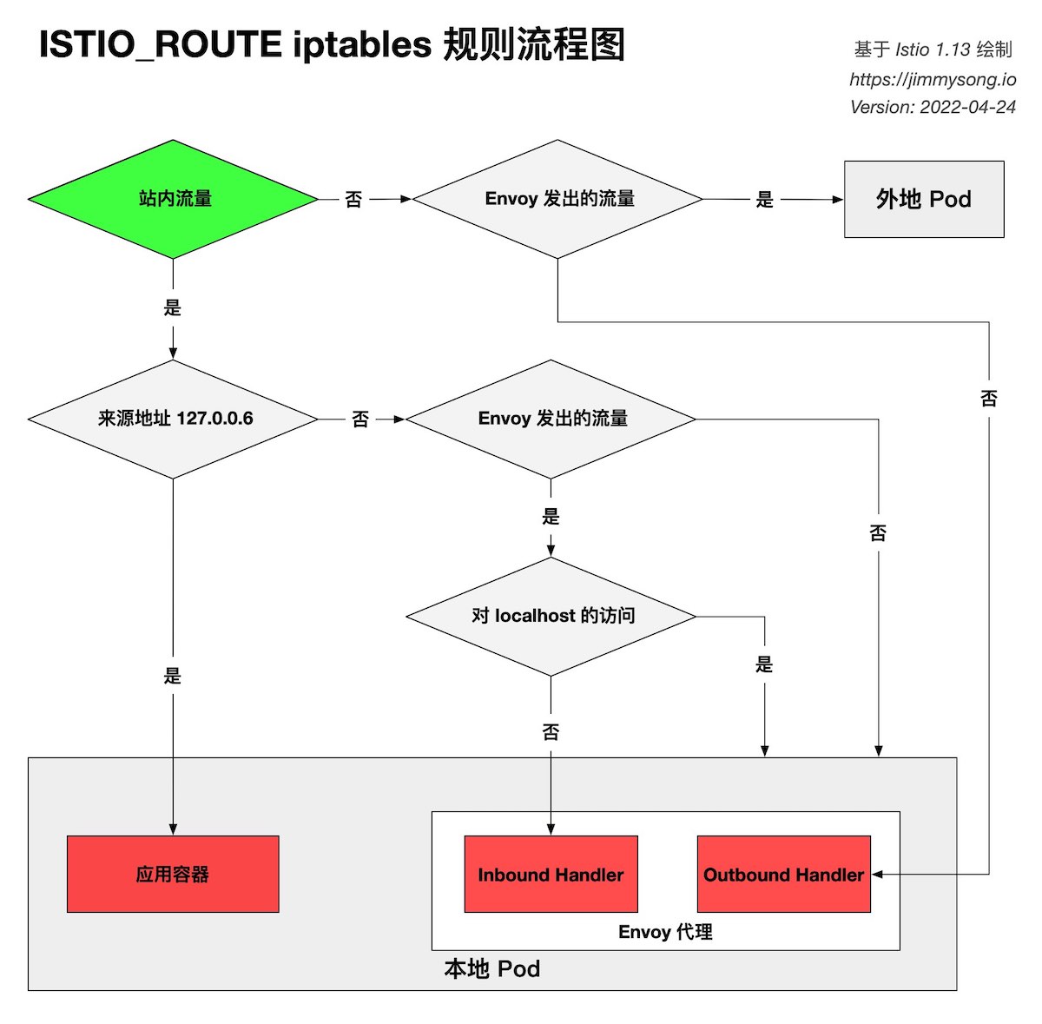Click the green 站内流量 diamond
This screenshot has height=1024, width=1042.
(x=174, y=199)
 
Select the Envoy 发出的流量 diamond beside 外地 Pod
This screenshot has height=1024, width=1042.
(x=557, y=199)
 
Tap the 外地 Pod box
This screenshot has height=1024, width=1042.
(x=924, y=199)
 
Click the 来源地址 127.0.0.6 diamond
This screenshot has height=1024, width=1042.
(x=174, y=419)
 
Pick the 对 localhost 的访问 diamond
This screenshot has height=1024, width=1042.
(x=551, y=616)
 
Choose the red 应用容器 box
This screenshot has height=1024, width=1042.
(x=173, y=874)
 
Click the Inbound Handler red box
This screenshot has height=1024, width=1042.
(x=551, y=874)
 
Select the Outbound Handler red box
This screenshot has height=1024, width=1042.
(x=783, y=874)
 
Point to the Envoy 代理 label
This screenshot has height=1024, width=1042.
(x=665, y=932)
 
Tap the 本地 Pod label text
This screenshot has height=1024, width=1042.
(x=491, y=968)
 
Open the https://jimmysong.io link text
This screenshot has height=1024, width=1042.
(x=933, y=79)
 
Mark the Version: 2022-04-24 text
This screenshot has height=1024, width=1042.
(x=933, y=107)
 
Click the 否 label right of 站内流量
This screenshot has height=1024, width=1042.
(x=353, y=200)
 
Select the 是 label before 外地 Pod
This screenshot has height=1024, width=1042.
(x=764, y=200)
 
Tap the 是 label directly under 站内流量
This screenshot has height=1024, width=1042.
(x=173, y=307)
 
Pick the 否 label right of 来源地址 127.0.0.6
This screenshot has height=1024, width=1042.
(x=360, y=420)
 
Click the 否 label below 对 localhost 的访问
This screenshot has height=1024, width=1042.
(x=551, y=732)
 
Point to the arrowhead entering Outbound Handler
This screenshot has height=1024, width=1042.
(x=878, y=874)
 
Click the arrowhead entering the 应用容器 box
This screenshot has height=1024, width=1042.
(x=173, y=829)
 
